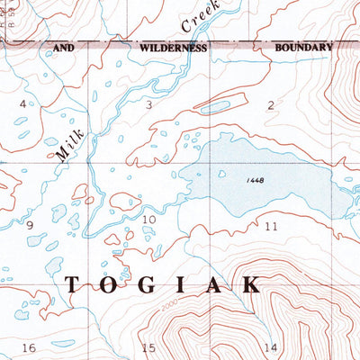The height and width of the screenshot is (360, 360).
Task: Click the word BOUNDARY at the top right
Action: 303,49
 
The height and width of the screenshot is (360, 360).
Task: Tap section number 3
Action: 149,105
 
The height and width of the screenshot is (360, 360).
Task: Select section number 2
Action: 270,105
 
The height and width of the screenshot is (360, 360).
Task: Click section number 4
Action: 22,105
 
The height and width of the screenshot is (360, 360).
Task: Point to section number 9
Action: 30,223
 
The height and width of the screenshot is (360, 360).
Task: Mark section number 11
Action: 271,226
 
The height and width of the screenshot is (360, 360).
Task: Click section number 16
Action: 29,347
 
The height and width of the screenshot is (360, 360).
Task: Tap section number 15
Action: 149,347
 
